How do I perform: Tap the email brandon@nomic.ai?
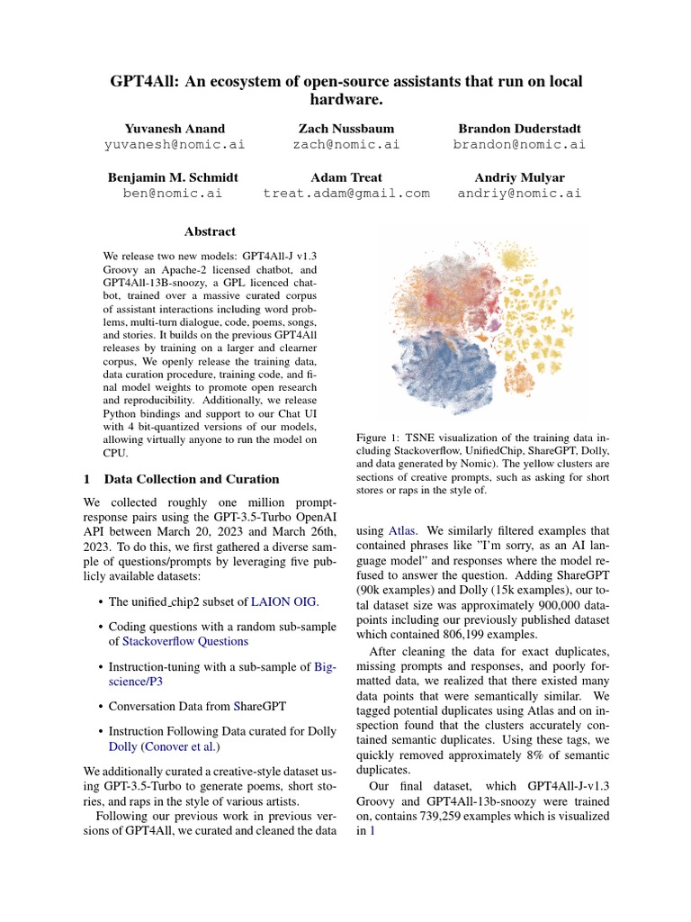519,144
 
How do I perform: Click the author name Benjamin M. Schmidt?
173,177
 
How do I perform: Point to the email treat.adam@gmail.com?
346,193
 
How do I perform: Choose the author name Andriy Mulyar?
519,177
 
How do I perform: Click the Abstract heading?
210,231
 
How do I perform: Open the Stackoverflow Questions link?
185,641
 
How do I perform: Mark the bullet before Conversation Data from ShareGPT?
99,707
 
